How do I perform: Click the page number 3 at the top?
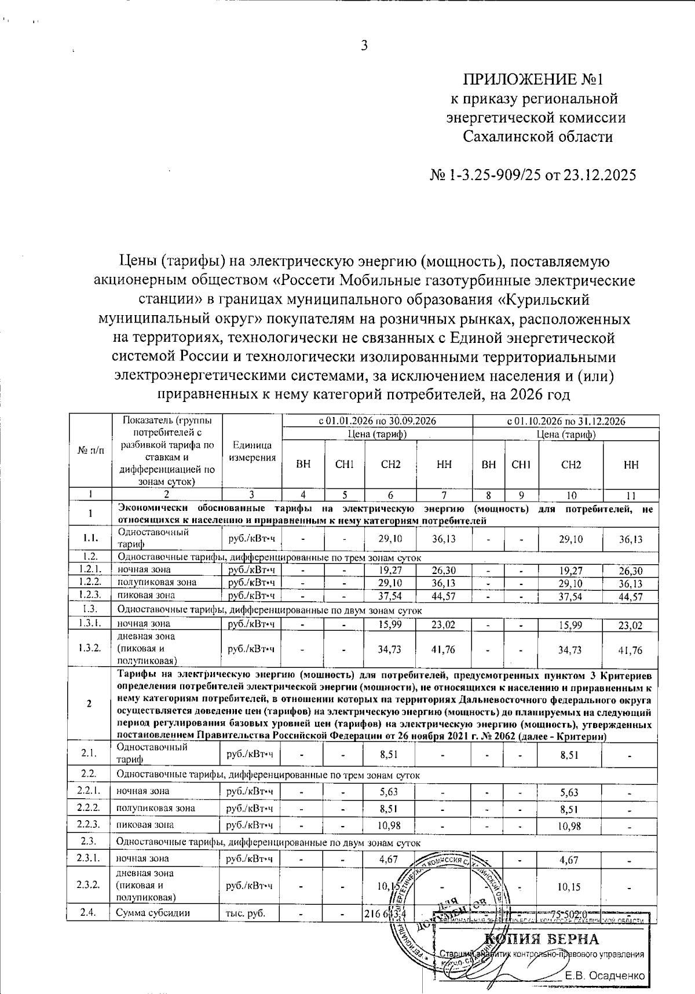(x=364, y=46)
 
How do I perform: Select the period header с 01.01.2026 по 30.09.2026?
(x=377, y=421)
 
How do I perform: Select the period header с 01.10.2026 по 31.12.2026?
(x=566, y=421)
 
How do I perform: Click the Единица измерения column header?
(x=252, y=451)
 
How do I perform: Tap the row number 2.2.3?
(x=89, y=824)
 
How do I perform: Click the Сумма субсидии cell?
(x=153, y=913)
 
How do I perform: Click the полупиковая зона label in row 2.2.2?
(x=155, y=807)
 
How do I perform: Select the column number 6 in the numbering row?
(x=390, y=495)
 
